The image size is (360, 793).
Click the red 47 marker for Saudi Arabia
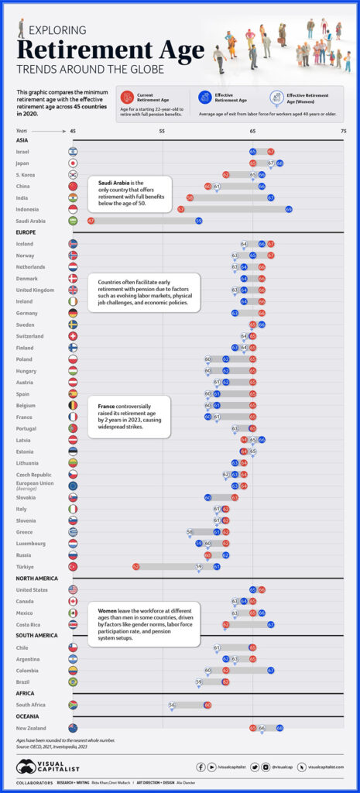(91, 221)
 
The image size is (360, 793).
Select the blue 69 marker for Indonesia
(288, 209)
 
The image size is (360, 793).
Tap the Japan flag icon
(73, 163)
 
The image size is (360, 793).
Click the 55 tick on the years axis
(162, 132)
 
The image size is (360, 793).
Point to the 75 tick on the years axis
(343, 132)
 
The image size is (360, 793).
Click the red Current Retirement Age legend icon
(128, 97)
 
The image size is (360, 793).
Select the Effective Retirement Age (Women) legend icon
(276, 97)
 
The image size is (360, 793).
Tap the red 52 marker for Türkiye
(135, 566)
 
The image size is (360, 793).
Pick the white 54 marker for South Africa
(172, 705)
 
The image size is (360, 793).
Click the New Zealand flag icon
(73, 728)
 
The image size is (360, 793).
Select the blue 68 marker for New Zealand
(279, 728)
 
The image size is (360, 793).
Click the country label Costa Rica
(31, 624)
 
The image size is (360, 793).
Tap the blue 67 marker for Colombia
(271, 670)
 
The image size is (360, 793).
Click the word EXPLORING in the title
(60, 32)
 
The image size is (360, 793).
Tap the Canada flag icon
(73, 601)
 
